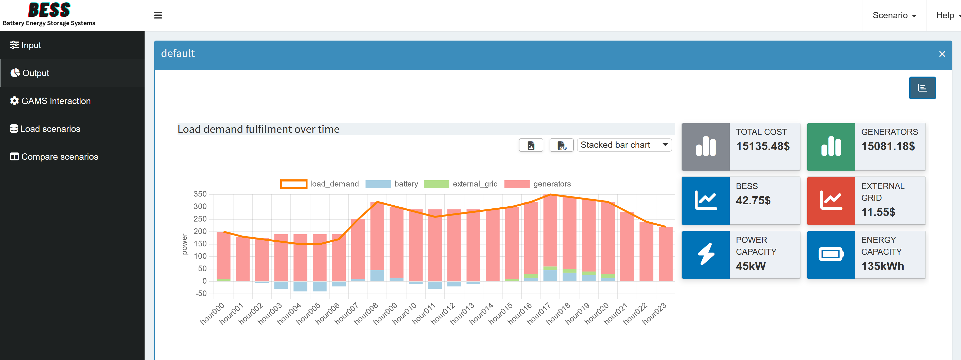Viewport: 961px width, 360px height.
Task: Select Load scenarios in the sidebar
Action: pyautogui.click(x=45, y=129)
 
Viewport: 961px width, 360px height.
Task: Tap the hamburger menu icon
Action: pyautogui.click(x=158, y=15)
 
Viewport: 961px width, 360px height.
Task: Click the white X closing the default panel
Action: pyautogui.click(x=942, y=54)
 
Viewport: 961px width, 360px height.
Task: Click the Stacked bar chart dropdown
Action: pyautogui.click(x=624, y=145)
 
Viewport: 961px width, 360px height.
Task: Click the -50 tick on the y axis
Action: pyautogui.click(x=201, y=294)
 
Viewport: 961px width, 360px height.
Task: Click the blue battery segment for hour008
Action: pyautogui.click(x=377, y=275)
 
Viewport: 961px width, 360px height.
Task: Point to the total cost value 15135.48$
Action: pyautogui.click(x=762, y=146)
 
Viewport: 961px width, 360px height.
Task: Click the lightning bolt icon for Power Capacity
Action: pyautogui.click(x=705, y=255)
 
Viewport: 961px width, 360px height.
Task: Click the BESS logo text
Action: pyautogui.click(x=49, y=10)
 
